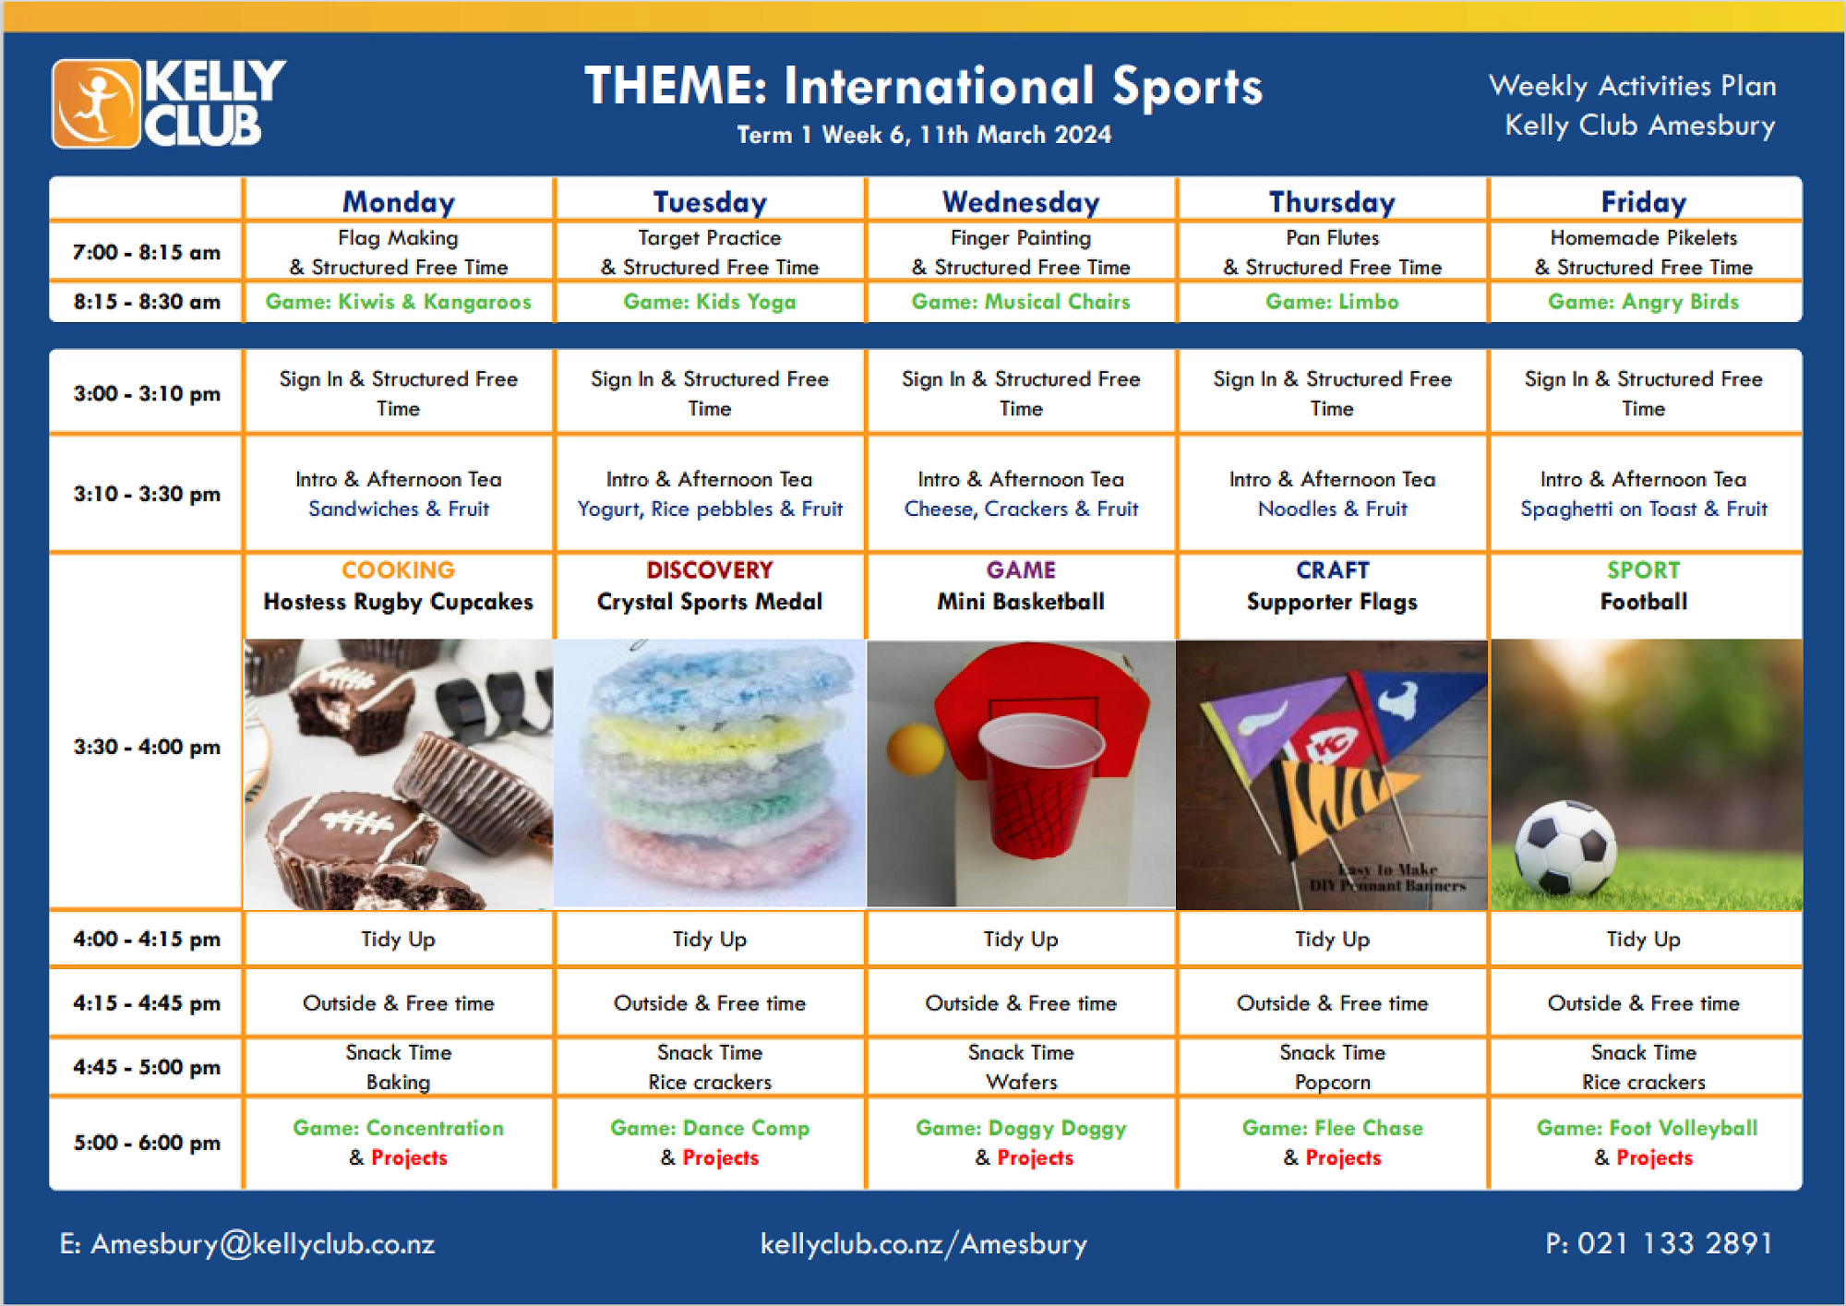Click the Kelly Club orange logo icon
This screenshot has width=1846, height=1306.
(96, 103)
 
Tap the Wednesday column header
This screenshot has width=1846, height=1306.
(1021, 201)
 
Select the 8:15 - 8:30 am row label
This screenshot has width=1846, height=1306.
(147, 302)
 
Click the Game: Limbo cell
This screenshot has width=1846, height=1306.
(1332, 302)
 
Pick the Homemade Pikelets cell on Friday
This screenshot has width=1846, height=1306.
(1644, 252)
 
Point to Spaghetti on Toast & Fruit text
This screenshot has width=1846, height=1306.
(1644, 509)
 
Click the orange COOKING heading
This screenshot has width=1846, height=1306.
(398, 569)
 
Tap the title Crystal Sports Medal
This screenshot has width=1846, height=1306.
(709, 602)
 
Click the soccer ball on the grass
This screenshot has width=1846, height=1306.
(1566, 847)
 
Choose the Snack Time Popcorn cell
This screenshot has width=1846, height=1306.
(1332, 1067)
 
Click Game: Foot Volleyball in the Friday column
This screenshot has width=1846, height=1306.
(1647, 1128)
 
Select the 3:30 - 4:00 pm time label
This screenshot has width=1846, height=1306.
(147, 747)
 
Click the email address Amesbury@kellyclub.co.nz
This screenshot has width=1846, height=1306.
(247, 1244)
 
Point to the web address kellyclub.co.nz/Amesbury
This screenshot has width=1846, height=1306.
(924, 1244)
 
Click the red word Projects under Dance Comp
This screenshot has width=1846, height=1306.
(721, 1157)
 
